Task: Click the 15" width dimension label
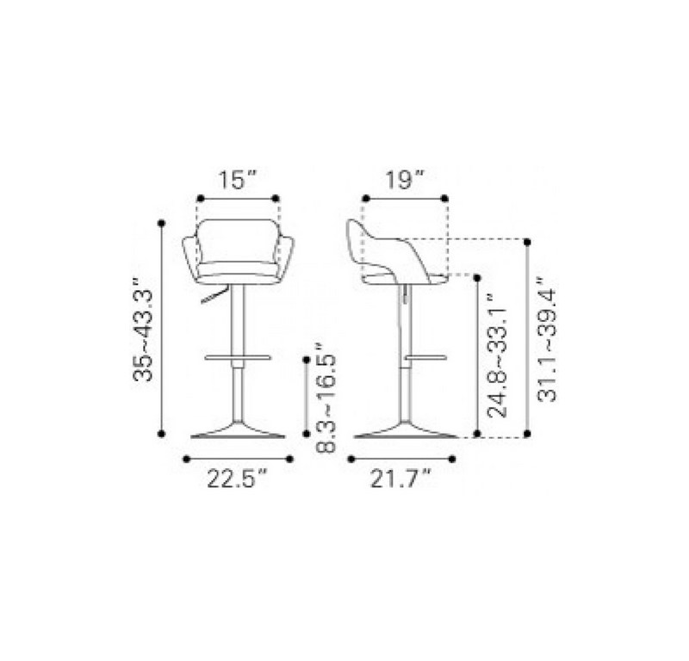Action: [237, 180]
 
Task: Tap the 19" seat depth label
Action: [405, 180]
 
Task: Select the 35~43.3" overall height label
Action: [143, 329]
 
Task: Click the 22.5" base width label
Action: [238, 479]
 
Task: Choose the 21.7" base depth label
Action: [400, 479]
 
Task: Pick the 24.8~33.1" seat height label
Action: [498, 355]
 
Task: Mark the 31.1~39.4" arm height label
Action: [547, 339]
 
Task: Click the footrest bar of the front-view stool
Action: [238, 357]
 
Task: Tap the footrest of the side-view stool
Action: [425, 357]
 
